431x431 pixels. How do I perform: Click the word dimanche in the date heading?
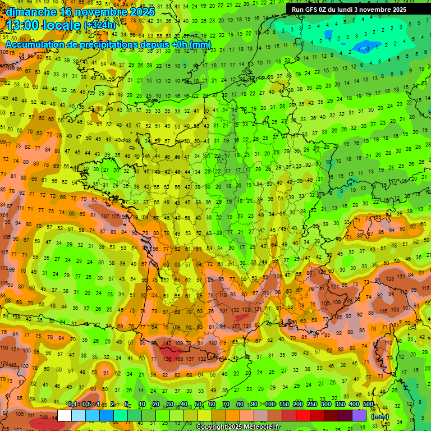click(x=31, y=11)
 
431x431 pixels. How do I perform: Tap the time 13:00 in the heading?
click(x=24, y=25)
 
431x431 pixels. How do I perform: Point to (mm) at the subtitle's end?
click(x=200, y=44)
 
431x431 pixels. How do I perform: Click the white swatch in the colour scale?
click(x=65, y=415)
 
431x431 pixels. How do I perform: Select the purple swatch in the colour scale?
click(x=359, y=415)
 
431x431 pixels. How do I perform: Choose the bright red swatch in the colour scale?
click(x=302, y=415)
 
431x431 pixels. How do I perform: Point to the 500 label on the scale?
click(x=368, y=405)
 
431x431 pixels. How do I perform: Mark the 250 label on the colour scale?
click(x=311, y=405)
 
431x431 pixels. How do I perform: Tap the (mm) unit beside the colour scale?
click(x=380, y=416)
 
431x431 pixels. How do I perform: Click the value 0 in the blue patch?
click(x=367, y=49)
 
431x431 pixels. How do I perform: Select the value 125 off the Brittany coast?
click(x=116, y=215)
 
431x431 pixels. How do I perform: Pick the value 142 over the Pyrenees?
click(x=167, y=343)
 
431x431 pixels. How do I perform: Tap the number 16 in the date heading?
click(x=66, y=11)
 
